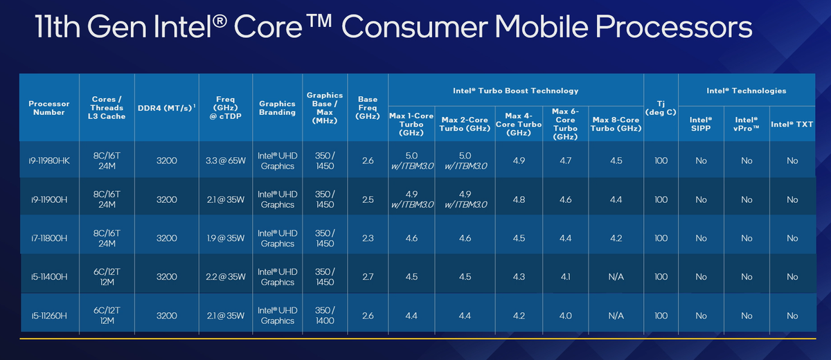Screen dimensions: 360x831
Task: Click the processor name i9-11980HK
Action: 48,161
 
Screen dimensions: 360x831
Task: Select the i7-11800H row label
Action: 48,238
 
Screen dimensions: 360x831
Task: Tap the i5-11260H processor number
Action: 48,316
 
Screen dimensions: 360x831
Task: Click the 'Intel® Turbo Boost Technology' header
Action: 516,91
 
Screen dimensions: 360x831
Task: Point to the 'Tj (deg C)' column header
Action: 661,107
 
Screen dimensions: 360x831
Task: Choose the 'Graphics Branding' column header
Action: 277,108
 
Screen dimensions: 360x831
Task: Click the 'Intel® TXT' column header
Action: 792,125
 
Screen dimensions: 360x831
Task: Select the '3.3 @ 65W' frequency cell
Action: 226,161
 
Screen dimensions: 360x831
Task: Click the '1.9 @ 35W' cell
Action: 226,238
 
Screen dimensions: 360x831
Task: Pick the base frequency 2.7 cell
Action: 367,277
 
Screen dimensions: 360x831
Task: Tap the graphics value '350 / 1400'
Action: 324,316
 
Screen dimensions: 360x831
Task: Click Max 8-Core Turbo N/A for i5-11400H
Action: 616,277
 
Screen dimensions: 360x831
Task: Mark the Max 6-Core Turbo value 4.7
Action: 565,161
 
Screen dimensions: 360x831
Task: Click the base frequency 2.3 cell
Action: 367,238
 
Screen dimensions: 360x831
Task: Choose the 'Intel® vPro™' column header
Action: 746,125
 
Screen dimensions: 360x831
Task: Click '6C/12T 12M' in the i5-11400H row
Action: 107,277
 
